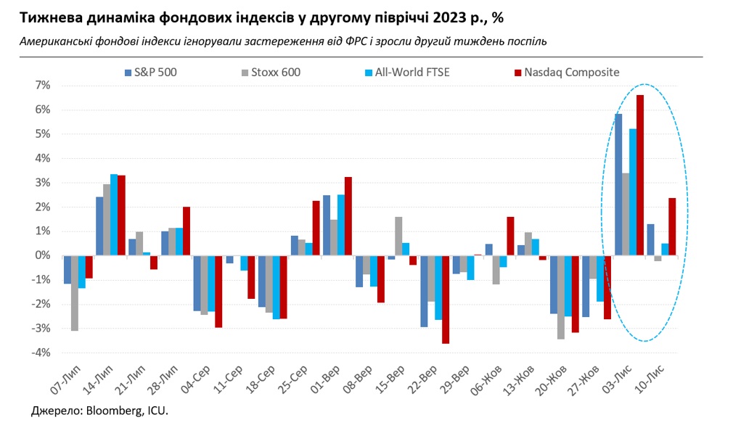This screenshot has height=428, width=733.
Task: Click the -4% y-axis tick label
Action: point(41,353)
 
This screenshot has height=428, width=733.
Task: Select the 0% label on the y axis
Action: point(43,255)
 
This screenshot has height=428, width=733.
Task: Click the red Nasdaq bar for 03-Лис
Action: point(640,175)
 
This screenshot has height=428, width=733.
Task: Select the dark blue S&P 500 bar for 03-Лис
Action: point(618,184)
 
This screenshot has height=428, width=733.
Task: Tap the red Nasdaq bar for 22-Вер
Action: point(446,299)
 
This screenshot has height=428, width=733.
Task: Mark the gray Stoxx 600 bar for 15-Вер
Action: point(398,236)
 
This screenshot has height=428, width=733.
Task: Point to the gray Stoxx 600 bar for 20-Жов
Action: point(560,297)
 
